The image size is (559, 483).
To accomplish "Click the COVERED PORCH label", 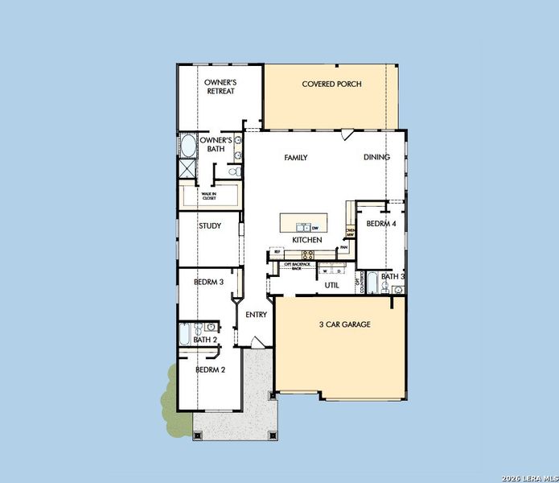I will [331, 84].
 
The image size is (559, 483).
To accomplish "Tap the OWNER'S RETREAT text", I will [219, 86].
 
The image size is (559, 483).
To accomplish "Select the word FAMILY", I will [296, 158].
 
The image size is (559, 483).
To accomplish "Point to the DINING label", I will [376, 157].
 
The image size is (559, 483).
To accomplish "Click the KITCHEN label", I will [307, 240].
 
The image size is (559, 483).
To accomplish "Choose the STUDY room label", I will [210, 226].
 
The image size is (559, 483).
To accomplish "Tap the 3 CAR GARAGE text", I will [344, 324].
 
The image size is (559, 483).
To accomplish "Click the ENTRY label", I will [256, 315].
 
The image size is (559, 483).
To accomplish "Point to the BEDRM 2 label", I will [210, 369].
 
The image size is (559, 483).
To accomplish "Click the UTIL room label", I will [331, 285].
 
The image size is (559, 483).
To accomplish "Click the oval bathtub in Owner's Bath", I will [187, 147].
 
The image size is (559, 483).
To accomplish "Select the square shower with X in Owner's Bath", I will [187, 168].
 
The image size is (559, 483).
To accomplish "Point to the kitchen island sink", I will [302, 228].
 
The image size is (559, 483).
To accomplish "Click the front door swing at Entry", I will [252, 343].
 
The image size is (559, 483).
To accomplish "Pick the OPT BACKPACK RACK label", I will [297, 266].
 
